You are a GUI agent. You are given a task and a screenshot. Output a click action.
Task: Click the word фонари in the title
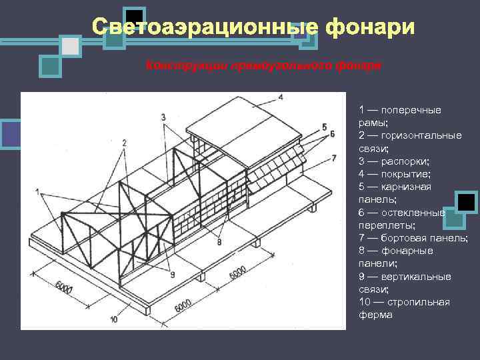point(370,27)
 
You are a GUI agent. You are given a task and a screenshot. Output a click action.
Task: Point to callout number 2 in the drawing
point(124,142)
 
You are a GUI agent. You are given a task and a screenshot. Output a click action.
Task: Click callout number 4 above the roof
point(281,97)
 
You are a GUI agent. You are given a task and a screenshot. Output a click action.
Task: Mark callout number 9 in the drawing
point(172,274)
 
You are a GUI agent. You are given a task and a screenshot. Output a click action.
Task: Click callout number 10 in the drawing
point(114,319)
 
